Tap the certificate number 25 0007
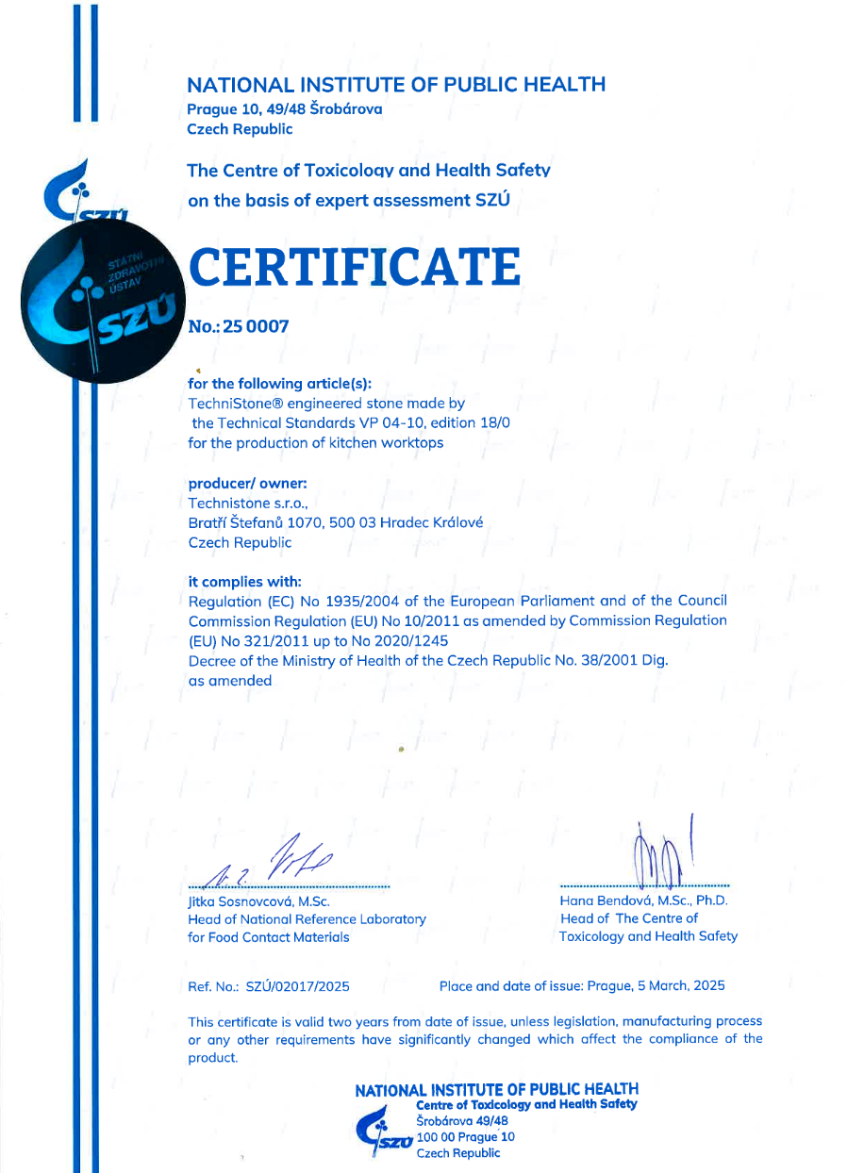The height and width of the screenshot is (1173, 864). coord(255,327)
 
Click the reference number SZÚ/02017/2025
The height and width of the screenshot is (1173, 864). coord(298,986)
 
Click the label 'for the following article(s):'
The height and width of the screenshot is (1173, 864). coord(280,384)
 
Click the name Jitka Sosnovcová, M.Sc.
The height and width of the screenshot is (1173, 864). coord(258,900)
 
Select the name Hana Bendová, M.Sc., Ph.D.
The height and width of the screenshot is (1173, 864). coord(644,900)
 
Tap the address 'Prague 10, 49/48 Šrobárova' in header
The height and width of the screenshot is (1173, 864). coord(285,108)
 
